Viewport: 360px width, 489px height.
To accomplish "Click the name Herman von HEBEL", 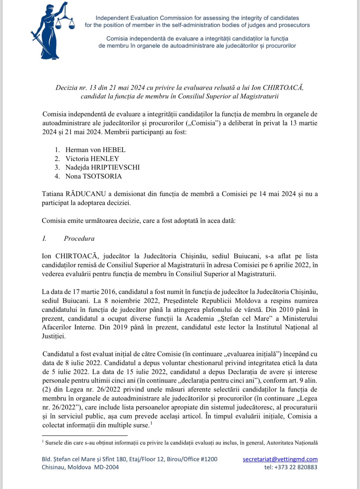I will click(95, 150).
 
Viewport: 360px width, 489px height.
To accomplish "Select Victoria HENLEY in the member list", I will click(92, 159).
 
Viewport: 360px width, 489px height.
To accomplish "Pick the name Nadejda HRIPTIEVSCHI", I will click(102, 167).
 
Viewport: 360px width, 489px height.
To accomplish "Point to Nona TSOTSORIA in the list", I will click(94, 176).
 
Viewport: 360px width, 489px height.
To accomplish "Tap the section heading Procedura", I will click(79, 238).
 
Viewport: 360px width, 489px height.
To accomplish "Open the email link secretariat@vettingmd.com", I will click(280, 459).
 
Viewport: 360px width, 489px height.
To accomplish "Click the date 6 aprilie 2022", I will click(290, 265).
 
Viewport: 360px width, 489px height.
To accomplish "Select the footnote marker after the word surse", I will click(151, 423).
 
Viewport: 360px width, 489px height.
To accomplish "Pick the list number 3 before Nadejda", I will click(57, 167).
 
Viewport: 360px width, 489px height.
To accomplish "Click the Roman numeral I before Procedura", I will click(44, 238).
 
